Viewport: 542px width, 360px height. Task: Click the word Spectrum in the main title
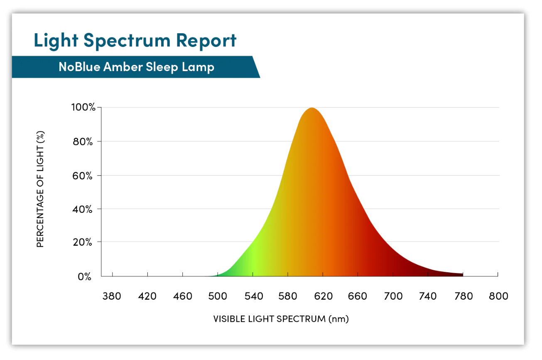127,41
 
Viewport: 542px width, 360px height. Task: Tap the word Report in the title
206,41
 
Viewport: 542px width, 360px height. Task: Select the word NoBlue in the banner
79,67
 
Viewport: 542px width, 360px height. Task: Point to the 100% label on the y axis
83,107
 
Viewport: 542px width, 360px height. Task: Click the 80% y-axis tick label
83,141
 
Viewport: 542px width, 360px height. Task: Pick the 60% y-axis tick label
82,176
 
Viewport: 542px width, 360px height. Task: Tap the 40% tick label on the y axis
82,209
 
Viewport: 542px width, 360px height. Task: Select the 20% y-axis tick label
82,242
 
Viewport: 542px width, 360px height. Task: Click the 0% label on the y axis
84,276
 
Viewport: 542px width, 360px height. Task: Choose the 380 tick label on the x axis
112,296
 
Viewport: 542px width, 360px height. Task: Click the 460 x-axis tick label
183,296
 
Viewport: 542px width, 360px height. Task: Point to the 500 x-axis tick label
218,296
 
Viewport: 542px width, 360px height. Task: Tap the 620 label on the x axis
324,296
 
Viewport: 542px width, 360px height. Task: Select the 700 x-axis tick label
393,296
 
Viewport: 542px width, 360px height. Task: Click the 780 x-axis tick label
464,296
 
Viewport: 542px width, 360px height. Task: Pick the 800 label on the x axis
498,296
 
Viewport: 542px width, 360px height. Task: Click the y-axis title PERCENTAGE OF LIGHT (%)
40,189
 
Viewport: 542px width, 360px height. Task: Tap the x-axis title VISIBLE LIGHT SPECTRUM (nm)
281,319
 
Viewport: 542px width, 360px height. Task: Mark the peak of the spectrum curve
312,108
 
